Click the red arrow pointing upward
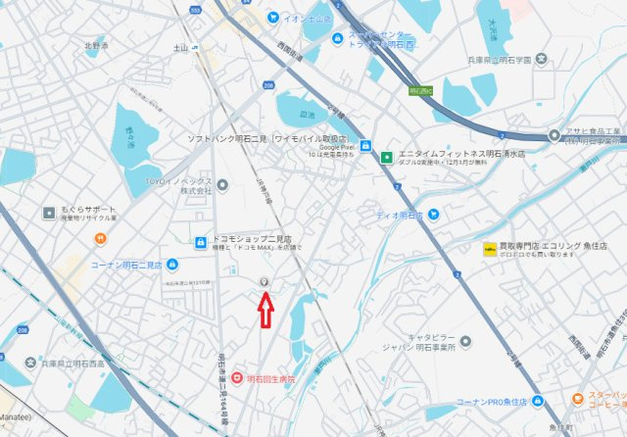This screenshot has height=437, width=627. (x=264, y=311)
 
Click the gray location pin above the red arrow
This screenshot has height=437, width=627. (x=264, y=283)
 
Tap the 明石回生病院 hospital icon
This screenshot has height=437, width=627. (x=236, y=377)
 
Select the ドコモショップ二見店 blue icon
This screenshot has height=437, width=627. (x=199, y=241)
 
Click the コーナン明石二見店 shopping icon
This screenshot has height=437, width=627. (x=172, y=265)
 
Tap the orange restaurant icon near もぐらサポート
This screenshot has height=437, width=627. (x=100, y=238)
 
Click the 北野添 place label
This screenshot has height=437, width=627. (x=95, y=46)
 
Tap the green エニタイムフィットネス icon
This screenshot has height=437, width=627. (x=387, y=156)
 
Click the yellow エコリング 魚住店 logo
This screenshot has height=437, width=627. (x=489, y=249)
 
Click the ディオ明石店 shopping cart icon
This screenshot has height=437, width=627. (x=433, y=215)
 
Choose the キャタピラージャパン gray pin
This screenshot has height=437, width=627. (x=464, y=342)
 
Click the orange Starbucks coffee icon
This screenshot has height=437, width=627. (x=579, y=400)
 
